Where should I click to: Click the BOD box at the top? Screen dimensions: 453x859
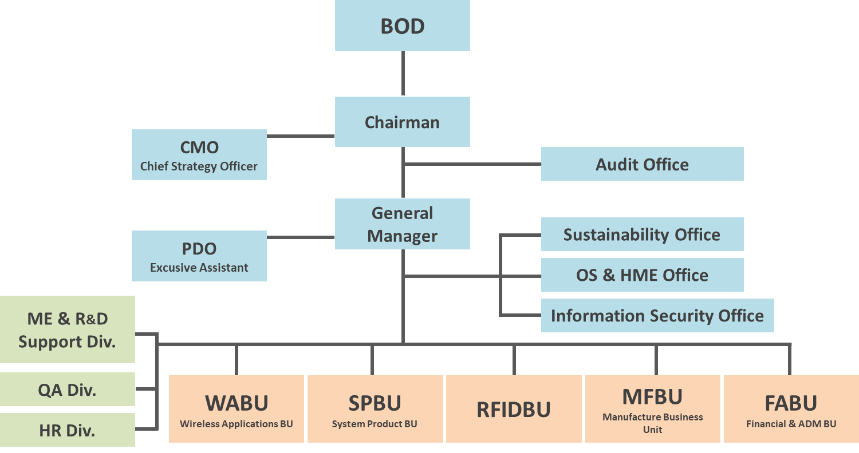point(402,26)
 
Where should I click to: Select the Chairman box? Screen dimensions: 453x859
point(402,122)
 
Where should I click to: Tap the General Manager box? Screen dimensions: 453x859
point(402,224)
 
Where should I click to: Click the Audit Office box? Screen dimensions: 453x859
point(642,164)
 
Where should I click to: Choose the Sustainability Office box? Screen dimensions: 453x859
point(642,235)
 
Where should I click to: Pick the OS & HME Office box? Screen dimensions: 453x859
point(642,275)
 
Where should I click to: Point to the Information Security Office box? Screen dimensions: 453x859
point(657,316)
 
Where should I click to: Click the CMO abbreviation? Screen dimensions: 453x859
point(199,148)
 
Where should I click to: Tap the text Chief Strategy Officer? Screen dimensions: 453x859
point(199,166)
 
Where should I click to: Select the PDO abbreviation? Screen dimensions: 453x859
point(199,249)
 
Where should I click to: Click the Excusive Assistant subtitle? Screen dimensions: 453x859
point(199,268)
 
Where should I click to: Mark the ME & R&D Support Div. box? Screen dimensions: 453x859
point(67,330)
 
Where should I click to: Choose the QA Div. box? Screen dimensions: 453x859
point(67,390)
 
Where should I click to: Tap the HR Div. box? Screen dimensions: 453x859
point(67,431)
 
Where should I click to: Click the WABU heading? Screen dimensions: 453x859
point(237,403)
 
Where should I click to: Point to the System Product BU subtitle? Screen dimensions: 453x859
point(375,424)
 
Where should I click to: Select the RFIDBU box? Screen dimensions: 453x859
point(514,410)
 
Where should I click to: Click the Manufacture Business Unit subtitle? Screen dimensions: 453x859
point(652,423)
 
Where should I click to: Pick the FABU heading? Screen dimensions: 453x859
point(791,403)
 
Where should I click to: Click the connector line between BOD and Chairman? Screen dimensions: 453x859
point(403,73)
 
